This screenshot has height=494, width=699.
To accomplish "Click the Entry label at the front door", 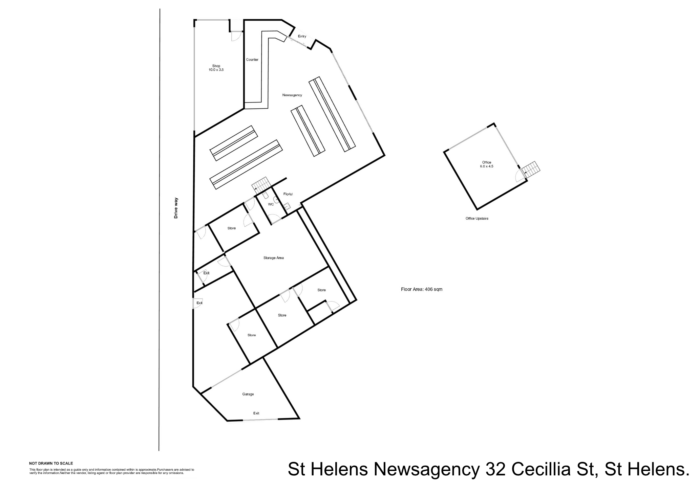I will [302, 36].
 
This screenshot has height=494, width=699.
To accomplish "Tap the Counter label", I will [252, 60].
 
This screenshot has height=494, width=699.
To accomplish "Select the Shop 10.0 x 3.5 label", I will [216, 68].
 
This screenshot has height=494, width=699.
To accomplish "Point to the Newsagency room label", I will [292, 95].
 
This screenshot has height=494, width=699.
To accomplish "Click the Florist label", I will [288, 194].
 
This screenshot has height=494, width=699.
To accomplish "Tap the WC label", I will [271, 204].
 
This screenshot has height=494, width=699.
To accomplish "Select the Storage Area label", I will [273, 258].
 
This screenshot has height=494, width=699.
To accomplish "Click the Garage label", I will [248, 394].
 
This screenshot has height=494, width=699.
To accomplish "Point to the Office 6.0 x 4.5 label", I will [486, 164].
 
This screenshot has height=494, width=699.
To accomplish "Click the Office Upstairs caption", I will [477, 219].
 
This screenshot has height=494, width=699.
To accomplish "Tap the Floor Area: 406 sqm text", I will [422, 289].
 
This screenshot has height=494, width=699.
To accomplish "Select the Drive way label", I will [176, 208].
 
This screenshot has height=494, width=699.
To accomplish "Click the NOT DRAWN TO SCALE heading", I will [51, 464].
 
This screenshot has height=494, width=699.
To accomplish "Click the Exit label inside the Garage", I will [256, 413].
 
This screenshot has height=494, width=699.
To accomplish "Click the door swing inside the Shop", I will [236, 36].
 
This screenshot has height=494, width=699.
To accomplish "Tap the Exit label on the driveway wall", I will [199, 303].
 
